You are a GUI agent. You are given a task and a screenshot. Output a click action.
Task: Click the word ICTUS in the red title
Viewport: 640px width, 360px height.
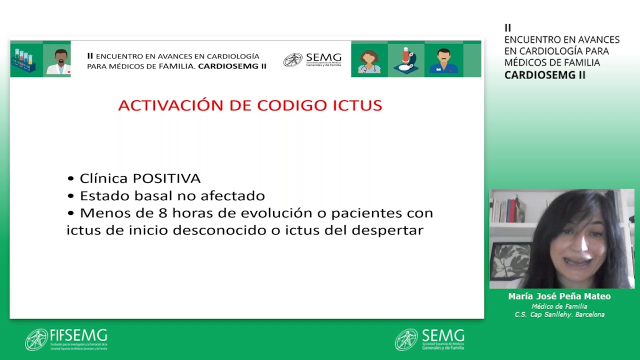[357, 105]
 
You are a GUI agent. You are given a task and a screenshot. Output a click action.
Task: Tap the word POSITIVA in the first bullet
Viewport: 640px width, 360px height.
[167, 178]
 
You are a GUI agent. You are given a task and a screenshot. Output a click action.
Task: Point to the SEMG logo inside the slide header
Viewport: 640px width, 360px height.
[312, 60]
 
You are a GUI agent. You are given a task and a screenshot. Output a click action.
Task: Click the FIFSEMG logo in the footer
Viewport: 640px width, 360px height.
[66, 339]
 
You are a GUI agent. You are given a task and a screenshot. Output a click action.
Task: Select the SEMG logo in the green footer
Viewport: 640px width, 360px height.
[429, 339]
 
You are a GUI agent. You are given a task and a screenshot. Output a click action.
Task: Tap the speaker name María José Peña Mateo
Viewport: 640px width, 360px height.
[559, 296]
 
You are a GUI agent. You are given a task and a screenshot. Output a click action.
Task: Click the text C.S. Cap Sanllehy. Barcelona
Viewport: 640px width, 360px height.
[559, 314]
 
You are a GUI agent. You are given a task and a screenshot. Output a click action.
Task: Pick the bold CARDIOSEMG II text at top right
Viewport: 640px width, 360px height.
[544, 75]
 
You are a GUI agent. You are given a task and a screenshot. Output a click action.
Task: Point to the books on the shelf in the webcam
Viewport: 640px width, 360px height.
[506, 209]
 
